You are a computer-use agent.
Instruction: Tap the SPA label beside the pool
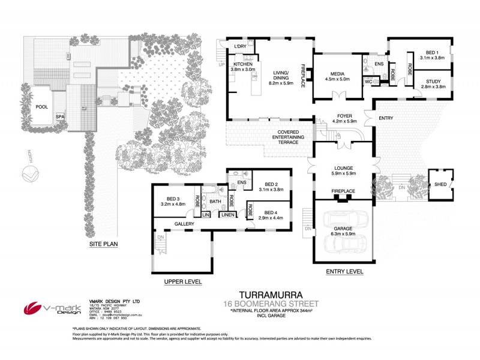click(x=60, y=117)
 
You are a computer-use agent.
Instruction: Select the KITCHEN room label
click(x=242, y=64)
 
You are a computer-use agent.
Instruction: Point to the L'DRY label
click(x=240, y=47)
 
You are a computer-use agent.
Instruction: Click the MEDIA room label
click(x=337, y=70)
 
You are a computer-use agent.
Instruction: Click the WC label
click(x=369, y=81)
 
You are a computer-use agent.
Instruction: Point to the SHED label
click(x=440, y=185)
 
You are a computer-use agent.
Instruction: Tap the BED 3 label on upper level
click(x=173, y=199)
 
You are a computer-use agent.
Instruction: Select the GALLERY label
click(x=184, y=224)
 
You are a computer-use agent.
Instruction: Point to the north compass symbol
click(x=30, y=175)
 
